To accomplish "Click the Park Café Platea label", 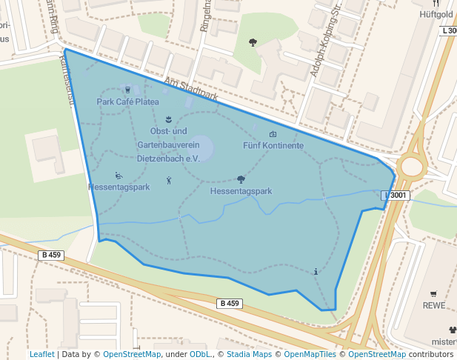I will click(x=127, y=101).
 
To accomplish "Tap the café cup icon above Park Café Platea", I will click(x=128, y=90).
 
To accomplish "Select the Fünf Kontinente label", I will click(x=273, y=146).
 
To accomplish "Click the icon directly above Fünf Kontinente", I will click(x=273, y=134).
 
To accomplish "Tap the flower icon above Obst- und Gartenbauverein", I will click(x=169, y=119).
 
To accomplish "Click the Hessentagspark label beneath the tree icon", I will click(x=241, y=191).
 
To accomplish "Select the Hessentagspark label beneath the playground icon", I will click(x=119, y=187).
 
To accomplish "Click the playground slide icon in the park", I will click(x=119, y=176).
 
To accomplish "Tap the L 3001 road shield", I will click(x=396, y=195).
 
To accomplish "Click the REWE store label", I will click(x=433, y=305).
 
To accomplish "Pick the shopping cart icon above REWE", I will click(x=433, y=293).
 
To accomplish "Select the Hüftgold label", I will click(x=436, y=14).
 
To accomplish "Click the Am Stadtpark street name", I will click(x=191, y=89).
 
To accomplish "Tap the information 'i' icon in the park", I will click(x=316, y=272).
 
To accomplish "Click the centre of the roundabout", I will click(x=412, y=167).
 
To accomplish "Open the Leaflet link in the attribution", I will click(x=41, y=355).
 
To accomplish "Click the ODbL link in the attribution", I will click(x=200, y=355).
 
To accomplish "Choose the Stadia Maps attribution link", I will click(x=249, y=355).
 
